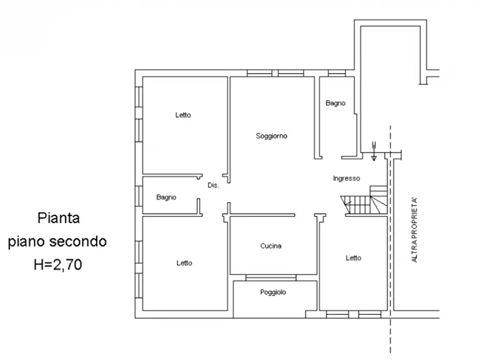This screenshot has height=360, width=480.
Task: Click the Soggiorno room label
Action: pos(271,136)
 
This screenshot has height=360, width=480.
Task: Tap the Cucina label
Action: pos(271,246)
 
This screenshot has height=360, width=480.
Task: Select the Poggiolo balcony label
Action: pos(273,292)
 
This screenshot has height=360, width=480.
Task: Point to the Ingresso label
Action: pos(347,178)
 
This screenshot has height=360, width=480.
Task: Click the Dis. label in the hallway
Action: pos(213,185)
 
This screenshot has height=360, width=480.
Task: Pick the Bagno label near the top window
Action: pos(335,103)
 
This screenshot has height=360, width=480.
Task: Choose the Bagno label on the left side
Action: pos(166,197)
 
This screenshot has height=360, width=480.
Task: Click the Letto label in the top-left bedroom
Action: pos(183,115)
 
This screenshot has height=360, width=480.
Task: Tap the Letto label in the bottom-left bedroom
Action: pos(184,263)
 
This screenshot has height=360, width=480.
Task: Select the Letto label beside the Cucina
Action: pos(354,258)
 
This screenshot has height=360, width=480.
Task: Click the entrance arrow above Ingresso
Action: pos(374,151)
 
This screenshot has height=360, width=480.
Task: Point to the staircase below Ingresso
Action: pos(364,200)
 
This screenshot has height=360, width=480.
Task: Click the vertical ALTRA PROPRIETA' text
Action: pos(414,230)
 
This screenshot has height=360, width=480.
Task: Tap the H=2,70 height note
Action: pos(58,264)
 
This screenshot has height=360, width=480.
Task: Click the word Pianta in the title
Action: pos(59,218)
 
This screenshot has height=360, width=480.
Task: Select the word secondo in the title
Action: pos(78,242)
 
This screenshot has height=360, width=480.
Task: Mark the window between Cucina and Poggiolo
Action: pos(271,278)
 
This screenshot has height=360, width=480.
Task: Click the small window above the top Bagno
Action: pos(336,73)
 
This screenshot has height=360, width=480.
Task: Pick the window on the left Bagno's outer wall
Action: pos(139,196)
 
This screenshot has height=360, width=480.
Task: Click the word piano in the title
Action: pos(27,242)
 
